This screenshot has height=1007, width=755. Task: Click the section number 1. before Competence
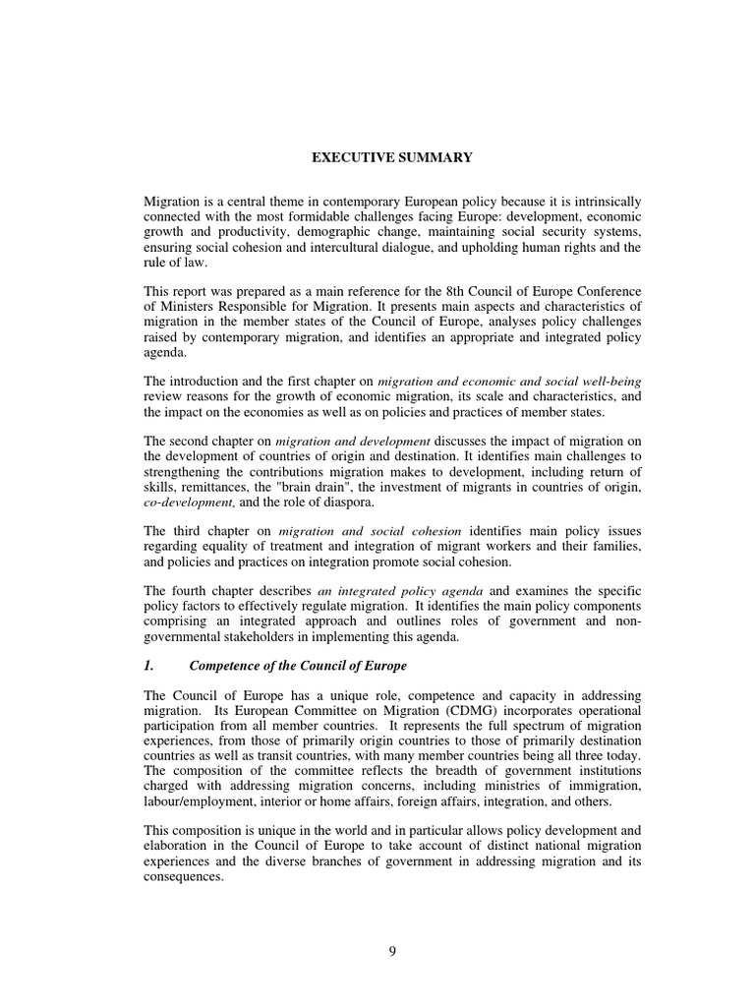coord(149,666)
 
